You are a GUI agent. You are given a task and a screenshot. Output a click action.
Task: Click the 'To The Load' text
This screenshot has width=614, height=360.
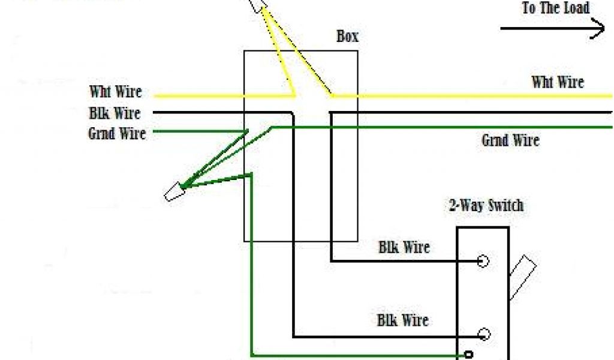coord(556,8)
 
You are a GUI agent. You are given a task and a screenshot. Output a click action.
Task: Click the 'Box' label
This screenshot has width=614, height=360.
coord(347,37)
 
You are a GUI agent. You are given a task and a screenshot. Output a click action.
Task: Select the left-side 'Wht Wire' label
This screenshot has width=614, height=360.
coord(116,92)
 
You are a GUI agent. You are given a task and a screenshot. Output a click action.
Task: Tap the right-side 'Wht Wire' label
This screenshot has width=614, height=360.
coord(558,82)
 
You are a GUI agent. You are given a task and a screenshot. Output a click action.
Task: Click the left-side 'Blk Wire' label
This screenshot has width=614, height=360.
coord(115,113)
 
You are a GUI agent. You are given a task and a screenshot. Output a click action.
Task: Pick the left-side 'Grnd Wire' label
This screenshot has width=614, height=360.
coord(117,133)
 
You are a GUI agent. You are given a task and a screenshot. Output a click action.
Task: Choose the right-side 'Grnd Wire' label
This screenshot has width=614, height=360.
coord(510,140)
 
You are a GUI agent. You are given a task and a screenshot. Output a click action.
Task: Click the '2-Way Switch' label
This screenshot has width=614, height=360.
coord(486,206)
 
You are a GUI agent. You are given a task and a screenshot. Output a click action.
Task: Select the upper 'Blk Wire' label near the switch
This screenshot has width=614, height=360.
coord(404,247)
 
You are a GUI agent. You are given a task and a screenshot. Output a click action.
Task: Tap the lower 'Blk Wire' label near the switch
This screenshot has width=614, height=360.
coord(402,320)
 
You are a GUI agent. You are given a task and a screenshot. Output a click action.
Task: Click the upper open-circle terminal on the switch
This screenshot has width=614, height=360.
coord(483,261)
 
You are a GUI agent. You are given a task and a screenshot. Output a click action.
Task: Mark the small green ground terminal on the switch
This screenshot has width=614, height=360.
coord(469,354)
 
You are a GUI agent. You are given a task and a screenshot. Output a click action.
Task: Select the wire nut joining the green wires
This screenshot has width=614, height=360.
coord(174,193)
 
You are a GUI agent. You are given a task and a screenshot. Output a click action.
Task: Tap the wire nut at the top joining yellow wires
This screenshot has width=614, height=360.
coord(260,5)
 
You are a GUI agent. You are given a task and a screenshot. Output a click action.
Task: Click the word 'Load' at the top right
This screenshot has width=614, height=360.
coord(575,8)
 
